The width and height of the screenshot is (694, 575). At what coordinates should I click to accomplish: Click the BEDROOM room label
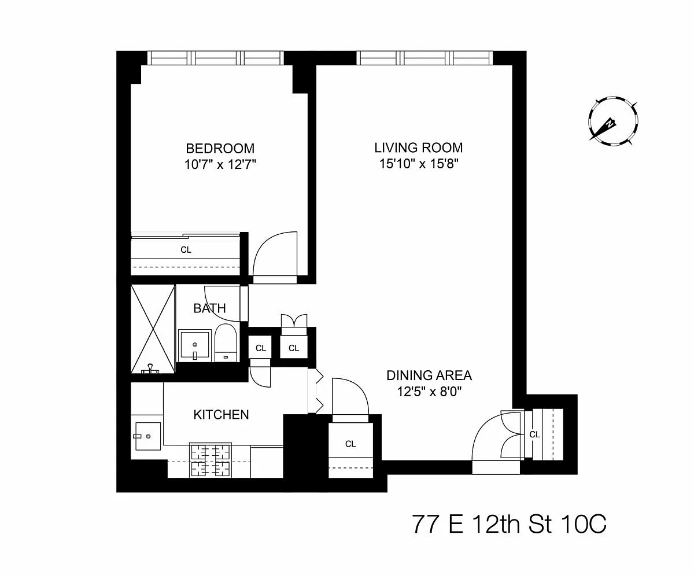click(220, 148)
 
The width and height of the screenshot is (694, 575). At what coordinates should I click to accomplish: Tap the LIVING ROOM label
click(419, 148)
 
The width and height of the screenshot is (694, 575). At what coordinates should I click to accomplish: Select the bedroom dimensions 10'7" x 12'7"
click(220, 164)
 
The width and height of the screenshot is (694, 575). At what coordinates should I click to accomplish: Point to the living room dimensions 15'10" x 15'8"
click(419, 164)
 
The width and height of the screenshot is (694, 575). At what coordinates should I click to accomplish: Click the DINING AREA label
click(429, 375)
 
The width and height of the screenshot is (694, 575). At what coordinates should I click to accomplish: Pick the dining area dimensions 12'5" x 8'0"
click(429, 392)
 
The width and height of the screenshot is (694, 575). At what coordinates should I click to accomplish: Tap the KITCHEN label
click(221, 415)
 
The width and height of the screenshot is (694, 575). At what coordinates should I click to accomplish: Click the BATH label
click(209, 308)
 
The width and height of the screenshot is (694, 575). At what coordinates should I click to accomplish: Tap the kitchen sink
click(148, 436)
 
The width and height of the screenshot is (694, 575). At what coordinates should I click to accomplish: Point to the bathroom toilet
click(226, 343)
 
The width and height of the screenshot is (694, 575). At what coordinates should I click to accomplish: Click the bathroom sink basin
click(195, 345)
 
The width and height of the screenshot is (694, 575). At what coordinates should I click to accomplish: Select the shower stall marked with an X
click(153, 329)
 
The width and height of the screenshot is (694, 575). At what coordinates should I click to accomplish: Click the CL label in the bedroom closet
click(186, 250)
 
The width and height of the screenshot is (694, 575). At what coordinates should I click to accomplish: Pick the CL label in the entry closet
click(534, 434)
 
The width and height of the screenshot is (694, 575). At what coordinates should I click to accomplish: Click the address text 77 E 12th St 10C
click(509, 524)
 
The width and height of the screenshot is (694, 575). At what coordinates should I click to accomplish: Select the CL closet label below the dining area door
click(350, 444)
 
